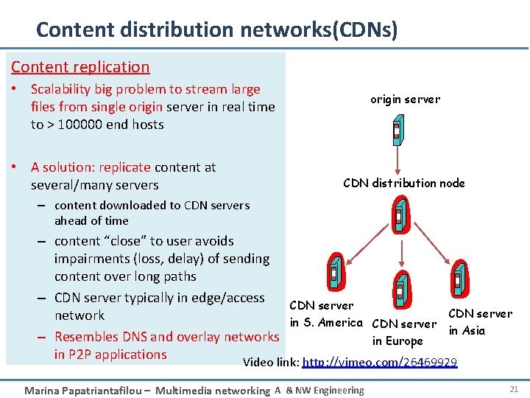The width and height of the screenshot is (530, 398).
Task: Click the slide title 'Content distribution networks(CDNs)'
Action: click(217, 29)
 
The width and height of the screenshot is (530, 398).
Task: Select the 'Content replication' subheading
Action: click(80, 67)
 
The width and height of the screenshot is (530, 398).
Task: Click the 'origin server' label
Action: click(405, 99)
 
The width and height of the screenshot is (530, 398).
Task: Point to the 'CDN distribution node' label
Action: click(404, 184)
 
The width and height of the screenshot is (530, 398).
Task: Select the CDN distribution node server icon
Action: click(399, 214)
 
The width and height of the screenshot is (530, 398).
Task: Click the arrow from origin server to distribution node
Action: click(398, 161)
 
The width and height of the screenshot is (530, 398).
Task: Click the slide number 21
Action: click(513, 388)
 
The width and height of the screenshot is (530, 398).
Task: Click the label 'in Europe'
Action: click(397, 341)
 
